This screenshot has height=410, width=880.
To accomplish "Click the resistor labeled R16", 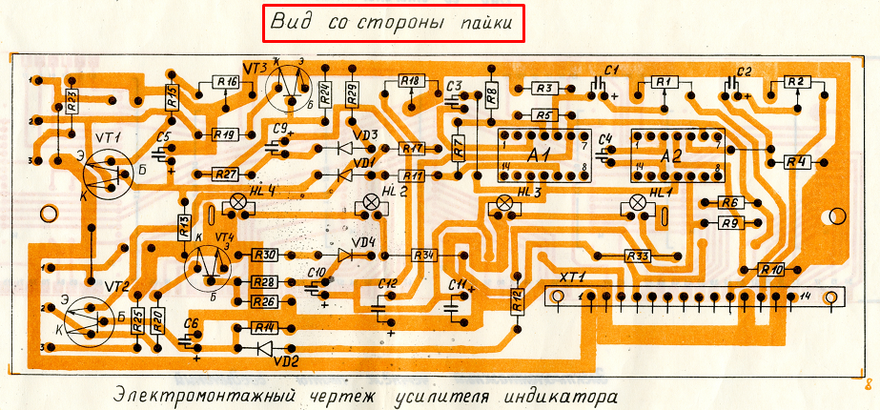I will (226, 82).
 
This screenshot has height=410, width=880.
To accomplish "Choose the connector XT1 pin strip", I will (693, 297).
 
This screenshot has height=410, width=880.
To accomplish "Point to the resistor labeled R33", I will (638, 256).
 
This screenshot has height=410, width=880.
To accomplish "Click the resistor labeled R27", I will (225, 174).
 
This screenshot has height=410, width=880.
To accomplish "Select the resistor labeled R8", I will (492, 93).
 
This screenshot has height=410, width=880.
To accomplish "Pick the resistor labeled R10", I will (771, 270).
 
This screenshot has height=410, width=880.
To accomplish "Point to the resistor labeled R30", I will (264, 255).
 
